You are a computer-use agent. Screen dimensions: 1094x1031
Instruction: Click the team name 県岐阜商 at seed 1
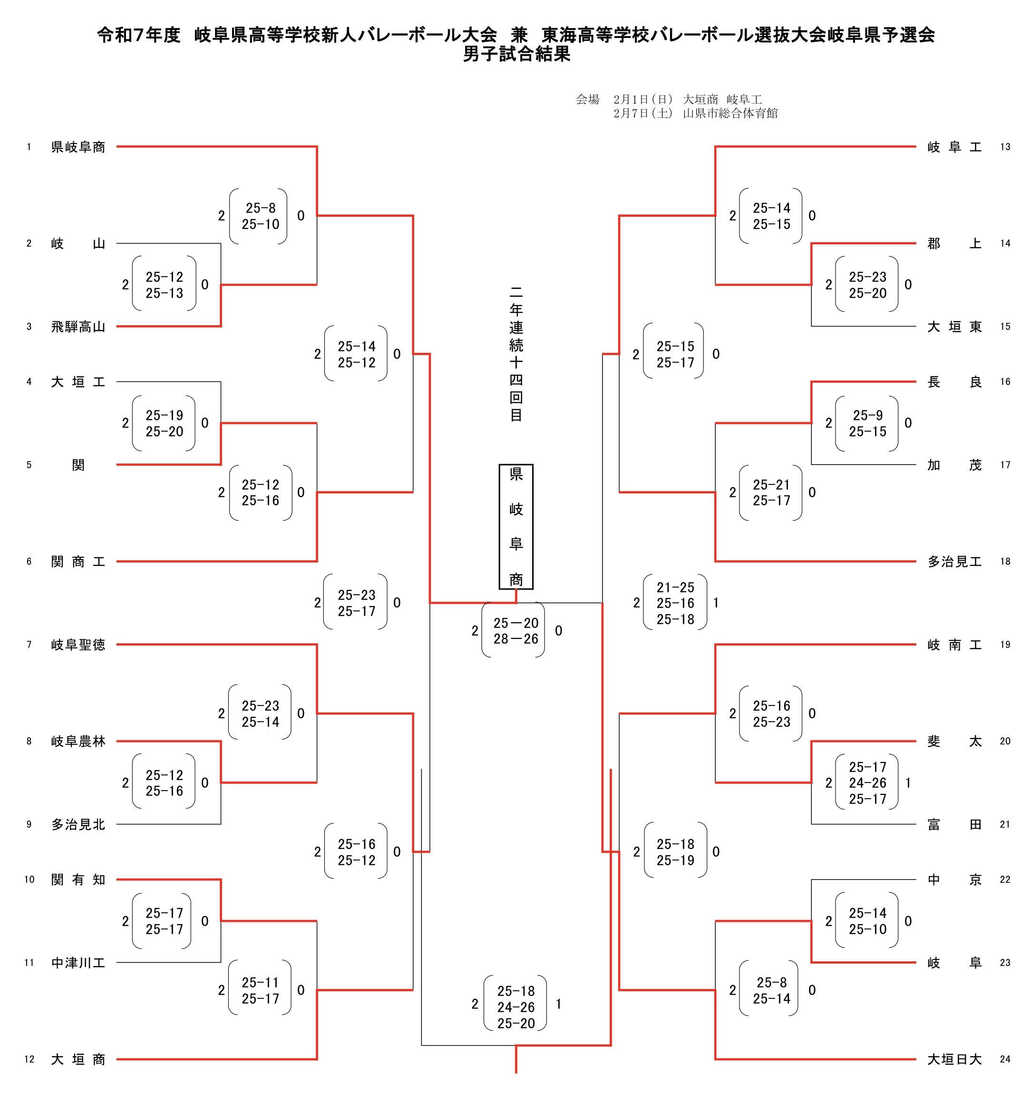pos(78,147)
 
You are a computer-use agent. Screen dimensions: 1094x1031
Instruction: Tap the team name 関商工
pos(78,562)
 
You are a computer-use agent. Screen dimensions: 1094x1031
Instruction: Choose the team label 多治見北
pos(78,824)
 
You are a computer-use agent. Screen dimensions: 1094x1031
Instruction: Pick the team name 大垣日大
pos(954,1059)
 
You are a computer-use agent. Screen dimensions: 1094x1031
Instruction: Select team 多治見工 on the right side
pos(954,562)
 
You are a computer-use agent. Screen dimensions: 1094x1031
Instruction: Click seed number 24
pos(1005,1059)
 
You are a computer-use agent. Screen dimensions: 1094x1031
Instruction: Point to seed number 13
pos(1005,147)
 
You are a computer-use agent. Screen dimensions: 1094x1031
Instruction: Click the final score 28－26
pos(516,639)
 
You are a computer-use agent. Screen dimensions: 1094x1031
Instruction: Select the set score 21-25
pos(675,588)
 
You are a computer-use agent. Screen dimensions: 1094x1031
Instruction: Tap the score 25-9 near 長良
pos(867,416)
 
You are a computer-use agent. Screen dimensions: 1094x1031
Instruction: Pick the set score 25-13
pos(164,293)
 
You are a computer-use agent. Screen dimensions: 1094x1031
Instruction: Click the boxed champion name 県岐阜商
pos(516,527)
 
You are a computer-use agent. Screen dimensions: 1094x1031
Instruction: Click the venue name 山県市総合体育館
pos(730,113)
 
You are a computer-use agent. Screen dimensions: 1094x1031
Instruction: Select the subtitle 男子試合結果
pos(516,54)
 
